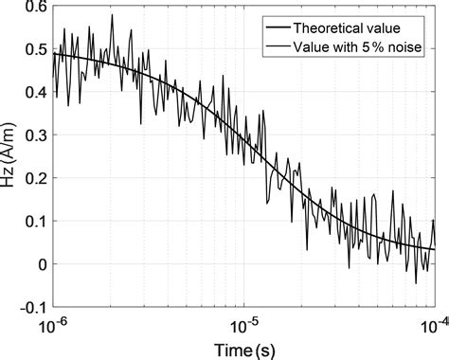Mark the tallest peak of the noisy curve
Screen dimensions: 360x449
[112, 15]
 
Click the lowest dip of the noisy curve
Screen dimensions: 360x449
[415, 282]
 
